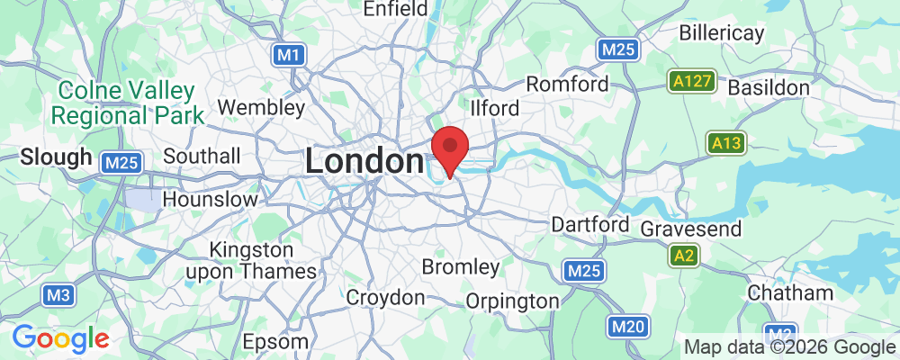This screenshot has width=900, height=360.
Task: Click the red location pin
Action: click(450, 147)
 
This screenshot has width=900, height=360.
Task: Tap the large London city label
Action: click(364, 161)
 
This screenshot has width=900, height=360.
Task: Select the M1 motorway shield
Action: click(287, 56)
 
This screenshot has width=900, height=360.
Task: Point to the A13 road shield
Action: click(725, 143)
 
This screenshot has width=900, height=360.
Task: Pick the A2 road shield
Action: click(685, 257)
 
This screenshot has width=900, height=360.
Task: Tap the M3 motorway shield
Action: click(57, 295)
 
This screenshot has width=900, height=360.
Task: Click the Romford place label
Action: click(567, 85)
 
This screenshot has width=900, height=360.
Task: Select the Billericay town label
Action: click(722, 33)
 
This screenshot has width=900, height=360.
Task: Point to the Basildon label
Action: click(769, 88)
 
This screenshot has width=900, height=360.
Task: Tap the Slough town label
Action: click(56, 157)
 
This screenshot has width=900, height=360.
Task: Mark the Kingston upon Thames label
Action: click(263, 259)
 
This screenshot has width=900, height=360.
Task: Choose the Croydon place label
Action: click(385, 297)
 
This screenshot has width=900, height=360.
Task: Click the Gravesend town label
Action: click(691, 229)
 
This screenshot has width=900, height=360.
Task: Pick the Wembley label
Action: click(262, 107)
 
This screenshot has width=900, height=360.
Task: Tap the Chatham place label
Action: click(778, 293)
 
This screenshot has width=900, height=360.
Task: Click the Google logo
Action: click(60, 338)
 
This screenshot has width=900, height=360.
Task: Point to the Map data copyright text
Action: click(790, 347)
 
